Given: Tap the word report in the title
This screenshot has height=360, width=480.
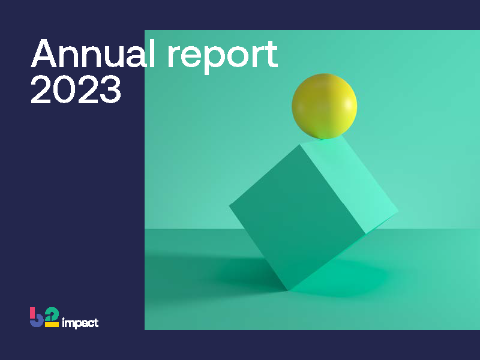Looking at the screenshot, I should click(222, 56).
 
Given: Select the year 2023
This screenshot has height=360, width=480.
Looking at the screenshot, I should click(76, 89).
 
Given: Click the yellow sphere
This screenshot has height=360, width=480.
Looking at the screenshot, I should click(324, 106).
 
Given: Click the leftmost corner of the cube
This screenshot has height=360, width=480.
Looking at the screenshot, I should click(230, 206).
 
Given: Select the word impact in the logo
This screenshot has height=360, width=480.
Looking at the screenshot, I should click(80, 323).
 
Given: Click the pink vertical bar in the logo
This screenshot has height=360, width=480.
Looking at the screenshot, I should click(32, 313).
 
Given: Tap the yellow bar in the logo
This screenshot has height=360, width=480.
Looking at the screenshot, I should click(52, 325).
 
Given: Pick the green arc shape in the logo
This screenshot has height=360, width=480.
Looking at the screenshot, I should click(53, 313).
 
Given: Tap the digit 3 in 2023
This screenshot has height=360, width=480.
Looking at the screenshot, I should click(109, 89).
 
